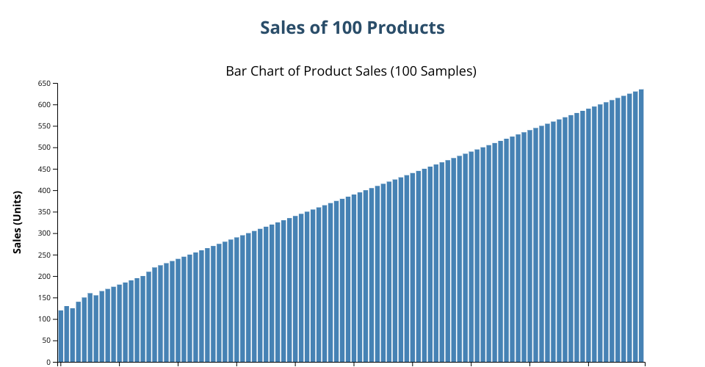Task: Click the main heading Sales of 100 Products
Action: [352, 28]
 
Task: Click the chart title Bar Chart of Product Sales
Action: [351, 71]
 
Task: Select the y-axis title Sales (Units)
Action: [18, 222]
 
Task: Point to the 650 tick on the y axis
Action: [44, 84]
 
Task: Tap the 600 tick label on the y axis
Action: [44, 105]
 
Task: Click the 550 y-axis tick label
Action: [44, 126]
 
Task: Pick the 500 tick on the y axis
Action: [44, 148]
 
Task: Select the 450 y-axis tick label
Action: [44, 170]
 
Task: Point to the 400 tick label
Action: [44, 191]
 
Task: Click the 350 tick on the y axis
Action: [44, 212]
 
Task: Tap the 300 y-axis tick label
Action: [44, 233]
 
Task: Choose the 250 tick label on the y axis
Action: [44, 255]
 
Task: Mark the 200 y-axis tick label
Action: [44, 277]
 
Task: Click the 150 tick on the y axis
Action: [44, 298]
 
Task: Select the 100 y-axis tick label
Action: [44, 319]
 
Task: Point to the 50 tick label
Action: [46, 341]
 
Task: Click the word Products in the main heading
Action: [405, 28]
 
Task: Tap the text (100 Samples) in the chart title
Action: [433, 71]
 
